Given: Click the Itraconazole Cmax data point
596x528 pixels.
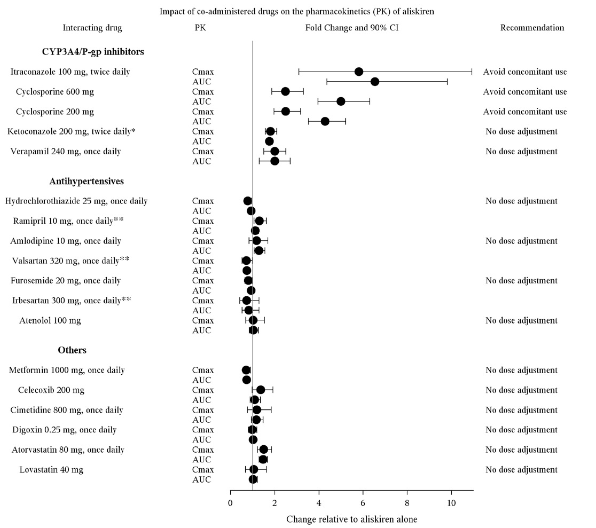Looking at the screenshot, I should pos(359,72).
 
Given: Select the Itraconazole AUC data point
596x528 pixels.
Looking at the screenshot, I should pos(375,82).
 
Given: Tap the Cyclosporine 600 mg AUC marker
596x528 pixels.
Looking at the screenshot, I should pos(341,101).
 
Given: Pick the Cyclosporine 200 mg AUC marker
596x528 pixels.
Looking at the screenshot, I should pos(325,121).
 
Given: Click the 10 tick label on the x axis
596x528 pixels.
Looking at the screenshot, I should pos(451,502).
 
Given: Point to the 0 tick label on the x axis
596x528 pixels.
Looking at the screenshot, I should pos(230,502).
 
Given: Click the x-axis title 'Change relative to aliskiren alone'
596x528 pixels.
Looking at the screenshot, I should pos(351,519).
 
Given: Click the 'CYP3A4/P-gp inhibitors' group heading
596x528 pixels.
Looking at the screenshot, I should pos(93,52).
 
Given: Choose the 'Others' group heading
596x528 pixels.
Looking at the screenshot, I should pos(72,350).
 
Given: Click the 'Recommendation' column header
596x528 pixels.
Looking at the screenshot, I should pos(532,28).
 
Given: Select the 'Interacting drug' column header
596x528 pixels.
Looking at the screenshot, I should pos(92,28).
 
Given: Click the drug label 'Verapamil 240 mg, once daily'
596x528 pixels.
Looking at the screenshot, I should pos(66,151).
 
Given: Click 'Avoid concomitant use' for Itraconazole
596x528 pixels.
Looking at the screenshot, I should pos(525,72).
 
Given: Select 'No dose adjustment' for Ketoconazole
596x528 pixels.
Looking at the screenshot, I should pos(521,131).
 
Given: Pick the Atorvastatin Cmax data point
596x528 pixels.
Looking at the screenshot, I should pos(263,450).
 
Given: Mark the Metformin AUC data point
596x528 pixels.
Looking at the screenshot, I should pos(246,380).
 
